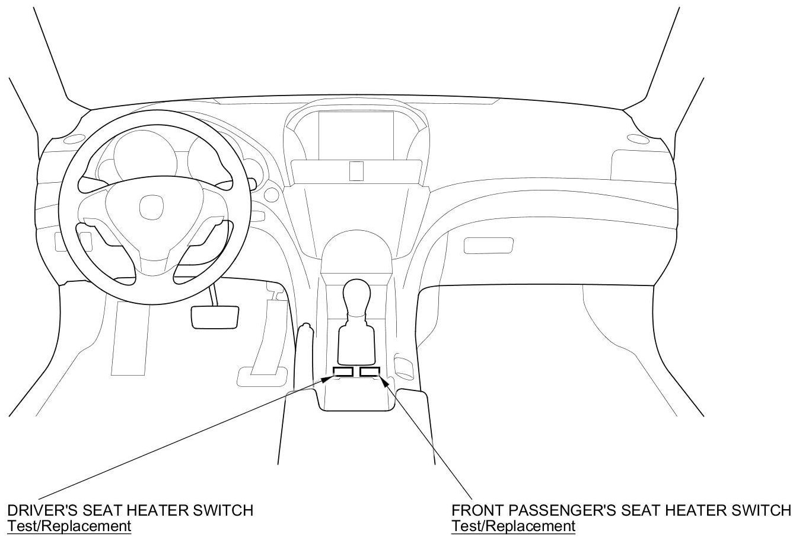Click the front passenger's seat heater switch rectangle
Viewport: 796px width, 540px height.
[x=370, y=372]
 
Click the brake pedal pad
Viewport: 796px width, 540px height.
[x=215, y=317]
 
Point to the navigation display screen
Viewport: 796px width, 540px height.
[x=356, y=135]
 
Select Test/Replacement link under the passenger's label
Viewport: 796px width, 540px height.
[x=513, y=526]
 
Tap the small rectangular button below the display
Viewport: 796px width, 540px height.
[x=356, y=171]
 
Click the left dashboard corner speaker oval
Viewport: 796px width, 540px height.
[x=74, y=140]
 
